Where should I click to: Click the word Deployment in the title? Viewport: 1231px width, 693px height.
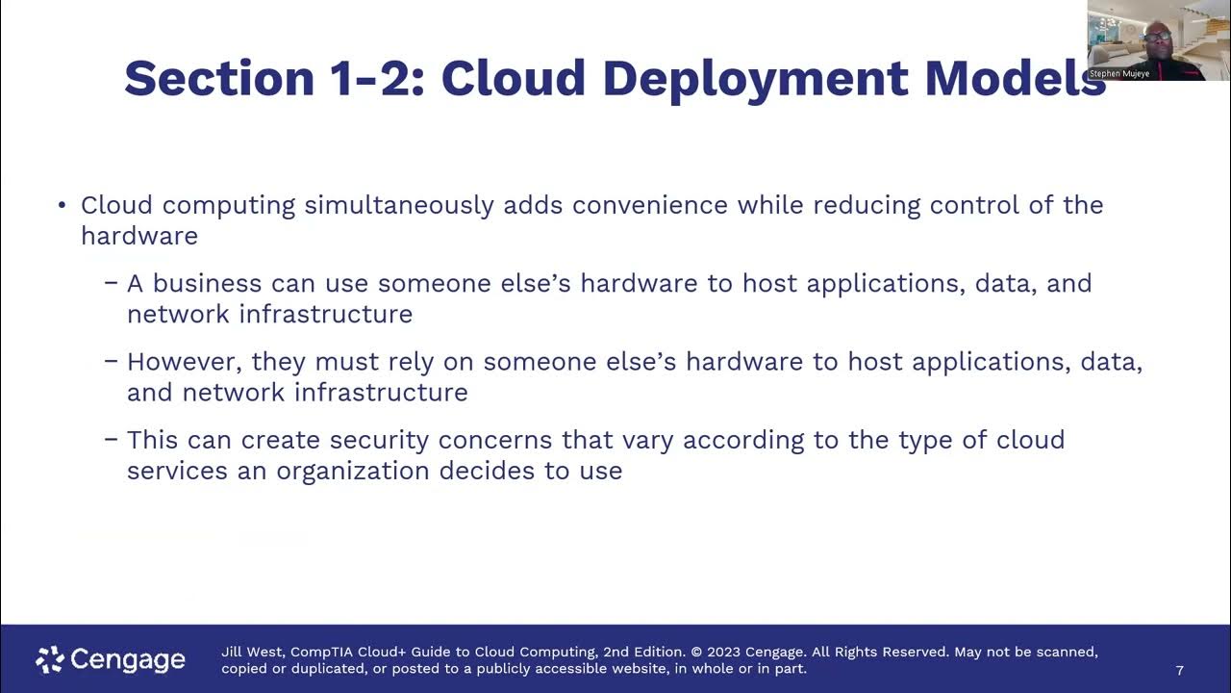(x=755, y=78)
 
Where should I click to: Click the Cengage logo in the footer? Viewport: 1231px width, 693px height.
(x=111, y=659)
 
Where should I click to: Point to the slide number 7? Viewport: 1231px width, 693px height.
(x=1180, y=670)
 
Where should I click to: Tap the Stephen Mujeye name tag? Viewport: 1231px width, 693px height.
(x=1119, y=73)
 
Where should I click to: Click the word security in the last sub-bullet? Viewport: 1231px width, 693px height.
(x=380, y=440)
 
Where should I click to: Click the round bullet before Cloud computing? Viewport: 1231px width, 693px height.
(x=62, y=205)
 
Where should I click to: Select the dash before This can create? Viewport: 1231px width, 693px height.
(x=112, y=440)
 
